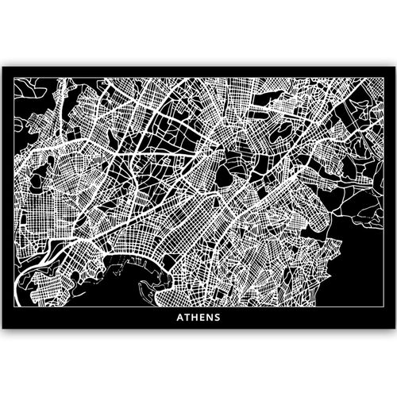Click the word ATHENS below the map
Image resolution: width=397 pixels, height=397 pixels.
tap(199, 323)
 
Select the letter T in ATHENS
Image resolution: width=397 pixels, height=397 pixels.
tap(187, 323)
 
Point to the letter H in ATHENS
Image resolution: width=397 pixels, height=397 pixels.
tap(195, 323)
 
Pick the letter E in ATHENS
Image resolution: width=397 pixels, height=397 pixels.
tap(203, 323)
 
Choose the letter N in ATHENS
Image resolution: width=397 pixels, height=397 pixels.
tap(210, 323)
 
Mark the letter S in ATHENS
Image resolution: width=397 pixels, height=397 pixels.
tap(218, 323)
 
